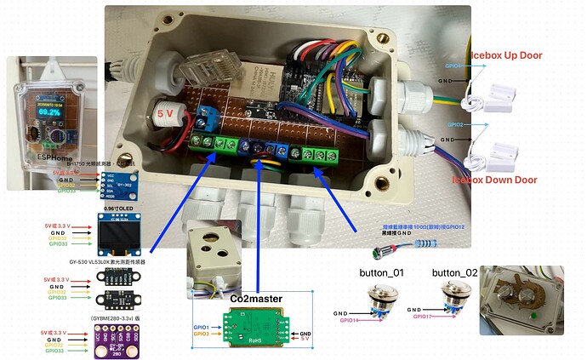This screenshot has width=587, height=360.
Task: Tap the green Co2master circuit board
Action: (x=254, y=328)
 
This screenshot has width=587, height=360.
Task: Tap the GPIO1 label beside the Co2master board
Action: (x=202, y=327)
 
